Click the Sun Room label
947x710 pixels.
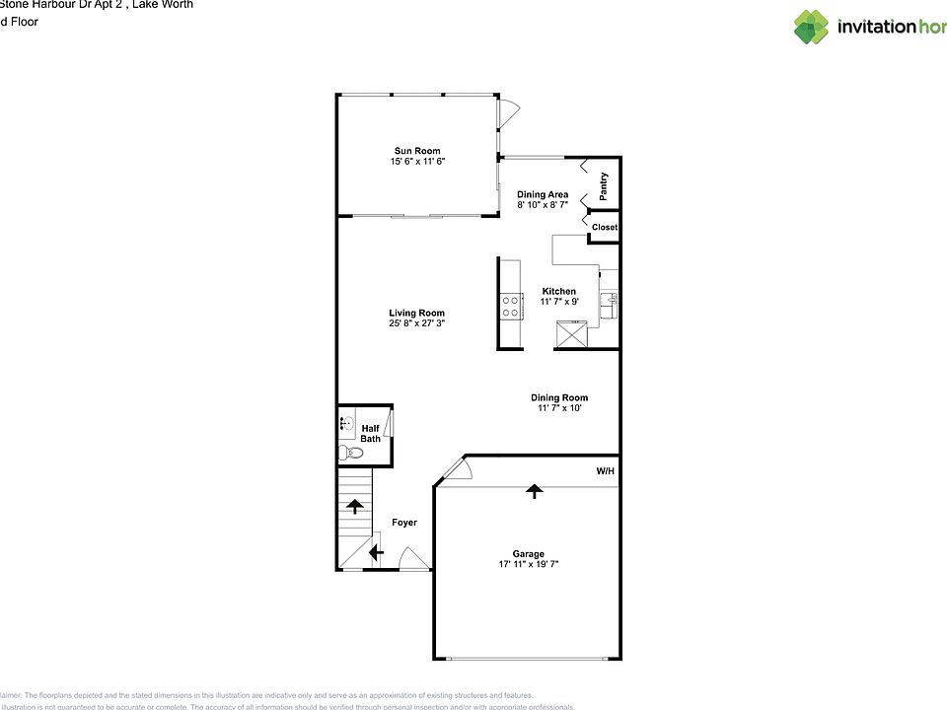point(415,151)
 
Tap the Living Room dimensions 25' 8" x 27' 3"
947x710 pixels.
point(415,323)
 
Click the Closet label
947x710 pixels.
point(604,228)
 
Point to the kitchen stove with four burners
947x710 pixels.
point(511,306)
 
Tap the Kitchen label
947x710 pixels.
point(558,291)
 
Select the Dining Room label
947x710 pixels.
point(559,397)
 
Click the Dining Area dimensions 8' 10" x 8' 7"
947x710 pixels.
point(543,205)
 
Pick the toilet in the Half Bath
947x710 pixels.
point(350,453)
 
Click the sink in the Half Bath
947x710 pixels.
point(346,424)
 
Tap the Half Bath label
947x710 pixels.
point(370,434)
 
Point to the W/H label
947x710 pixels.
point(605,472)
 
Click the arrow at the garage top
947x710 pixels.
point(534,490)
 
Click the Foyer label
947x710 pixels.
point(404,523)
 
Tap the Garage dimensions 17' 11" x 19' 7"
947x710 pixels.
point(529,564)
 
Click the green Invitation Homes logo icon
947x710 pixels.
point(811,27)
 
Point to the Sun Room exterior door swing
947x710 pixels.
point(507,113)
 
